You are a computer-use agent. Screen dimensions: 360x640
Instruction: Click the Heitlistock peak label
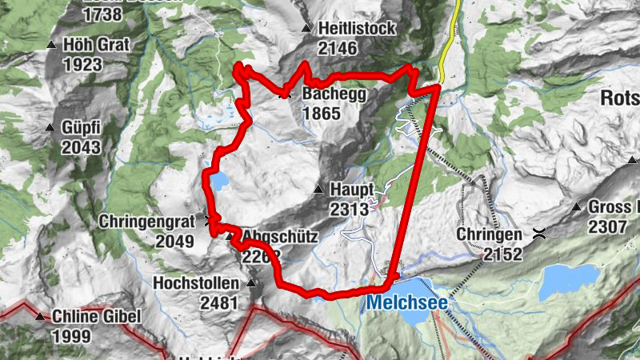pos(356,29)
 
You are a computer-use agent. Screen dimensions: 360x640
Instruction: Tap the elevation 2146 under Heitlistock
pos(337,48)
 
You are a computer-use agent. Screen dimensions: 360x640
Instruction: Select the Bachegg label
pos(334,94)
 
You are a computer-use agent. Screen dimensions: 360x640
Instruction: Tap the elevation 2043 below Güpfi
pos(82,146)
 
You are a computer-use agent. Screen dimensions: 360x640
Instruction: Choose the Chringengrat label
pos(146,220)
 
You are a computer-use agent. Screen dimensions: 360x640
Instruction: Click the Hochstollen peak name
pos(196,283)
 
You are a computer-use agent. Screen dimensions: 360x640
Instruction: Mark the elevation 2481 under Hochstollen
pos(218,302)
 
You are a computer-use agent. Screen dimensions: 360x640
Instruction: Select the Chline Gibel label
pos(97,316)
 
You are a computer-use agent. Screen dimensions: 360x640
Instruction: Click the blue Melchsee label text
pos(407,303)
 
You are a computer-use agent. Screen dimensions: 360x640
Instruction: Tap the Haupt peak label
pos(352,190)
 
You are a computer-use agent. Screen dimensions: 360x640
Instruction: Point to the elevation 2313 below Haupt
pos(348,209)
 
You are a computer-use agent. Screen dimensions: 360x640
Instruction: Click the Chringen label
pos(490,234)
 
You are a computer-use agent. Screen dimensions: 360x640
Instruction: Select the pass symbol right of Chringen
pos(541,234)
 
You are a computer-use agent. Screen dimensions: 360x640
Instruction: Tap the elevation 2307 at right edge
pos(608,226)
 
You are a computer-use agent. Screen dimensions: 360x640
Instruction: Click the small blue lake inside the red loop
pos(218,181)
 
